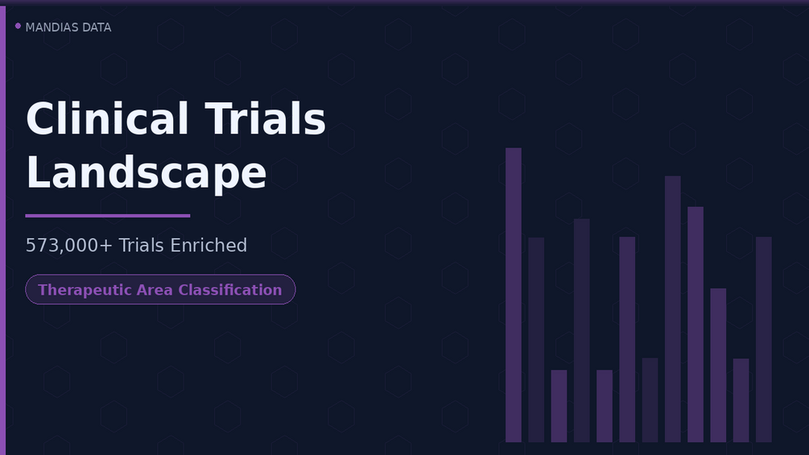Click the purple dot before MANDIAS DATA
tap(18, 26)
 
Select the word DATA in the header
tap(97, 27)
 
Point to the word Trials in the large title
tap(265, 118)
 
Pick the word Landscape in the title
tap(146, 173)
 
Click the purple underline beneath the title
tap(108, 216)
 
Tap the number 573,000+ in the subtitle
tap(68, 246)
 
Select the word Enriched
tap(208, 246)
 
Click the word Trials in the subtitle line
tap(142, 246)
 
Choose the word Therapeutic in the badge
tap(85, 290)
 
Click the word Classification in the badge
tap(230, 290)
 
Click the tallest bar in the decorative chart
tap(514, 295)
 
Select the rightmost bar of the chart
tap(764, 340)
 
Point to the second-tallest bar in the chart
tap(673, 309)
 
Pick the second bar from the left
tap(536, 340)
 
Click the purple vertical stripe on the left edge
tap(2, 230)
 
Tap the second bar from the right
tap(741, 400)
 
